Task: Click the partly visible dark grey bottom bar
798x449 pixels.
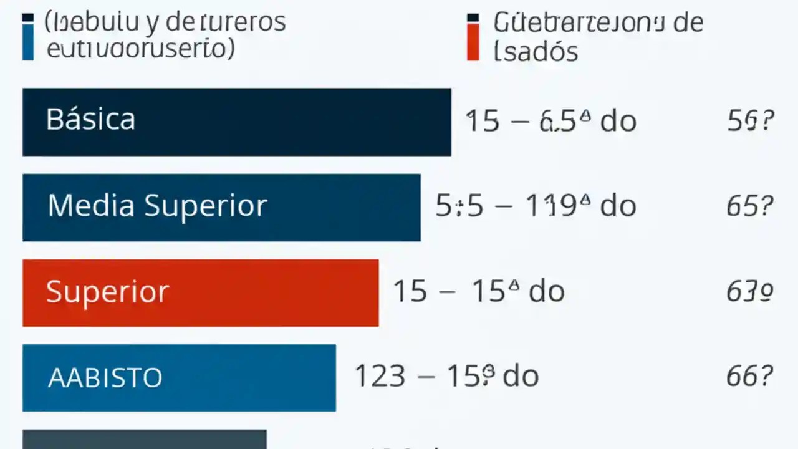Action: coord(145,440)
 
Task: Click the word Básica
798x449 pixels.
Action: coord(90,119)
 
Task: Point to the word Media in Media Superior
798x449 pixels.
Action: coord(91,205)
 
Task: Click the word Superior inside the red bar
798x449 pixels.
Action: coord(107,291)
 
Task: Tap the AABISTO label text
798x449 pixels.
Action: coord(105,378)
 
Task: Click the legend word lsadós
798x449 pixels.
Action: coord(536,51)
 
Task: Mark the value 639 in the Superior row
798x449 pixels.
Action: coord(750,291)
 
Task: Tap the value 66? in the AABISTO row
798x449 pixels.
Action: coord(750,376)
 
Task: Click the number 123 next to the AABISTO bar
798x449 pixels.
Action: coord(380,376)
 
